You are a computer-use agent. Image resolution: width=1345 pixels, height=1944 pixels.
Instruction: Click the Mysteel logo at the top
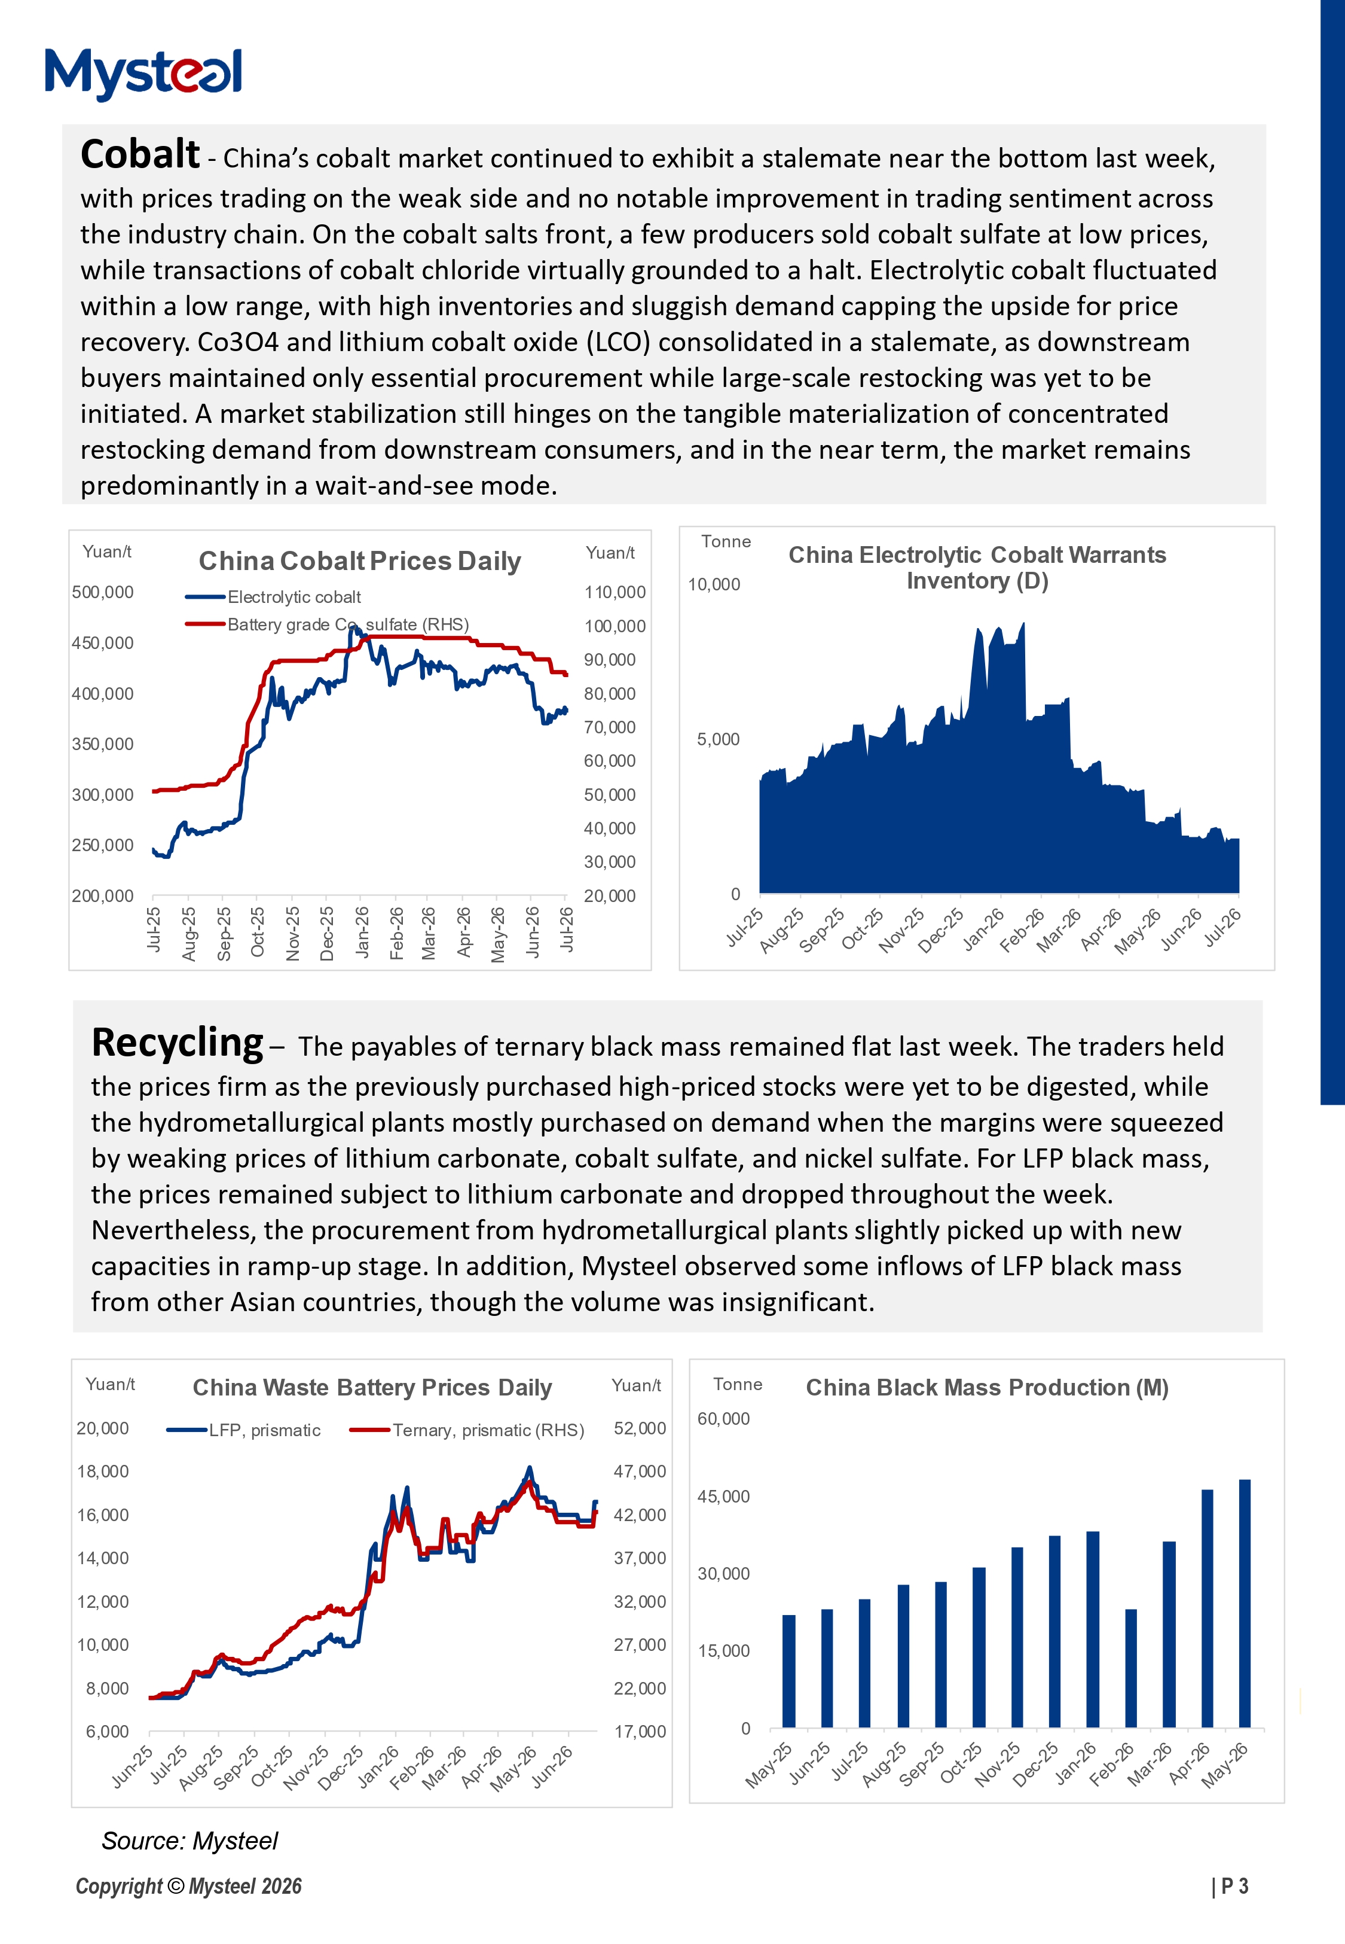click(143, 74)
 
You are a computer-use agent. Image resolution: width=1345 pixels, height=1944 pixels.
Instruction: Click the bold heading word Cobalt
click(140, 154)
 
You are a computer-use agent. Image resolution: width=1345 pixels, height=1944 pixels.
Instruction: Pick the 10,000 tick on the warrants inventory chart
click(714, 584)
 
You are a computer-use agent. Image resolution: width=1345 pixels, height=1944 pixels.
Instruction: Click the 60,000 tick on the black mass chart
click(723, 1418)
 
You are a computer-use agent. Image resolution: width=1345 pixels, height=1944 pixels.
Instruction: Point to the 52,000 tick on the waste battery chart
click(640, 1428)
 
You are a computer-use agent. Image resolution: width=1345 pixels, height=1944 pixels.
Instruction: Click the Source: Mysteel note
click(189, 1841)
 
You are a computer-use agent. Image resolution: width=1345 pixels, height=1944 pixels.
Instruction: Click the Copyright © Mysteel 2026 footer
click(189, 1887)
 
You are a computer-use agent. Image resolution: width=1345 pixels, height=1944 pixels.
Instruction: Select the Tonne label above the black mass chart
click(738, 1384)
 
